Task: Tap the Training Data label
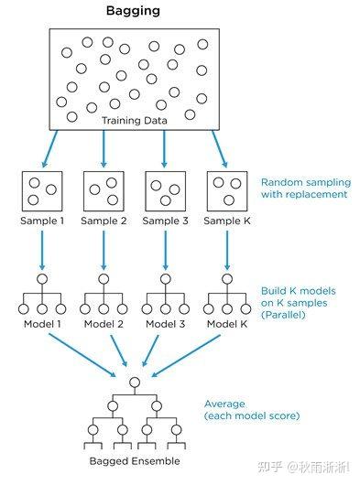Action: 135,120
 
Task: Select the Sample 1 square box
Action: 42,189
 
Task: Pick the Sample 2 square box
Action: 103,189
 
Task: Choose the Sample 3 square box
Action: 165,189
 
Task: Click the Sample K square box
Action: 225,189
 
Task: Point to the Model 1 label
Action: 42,323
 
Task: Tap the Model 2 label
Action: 104,323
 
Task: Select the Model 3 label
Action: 165,323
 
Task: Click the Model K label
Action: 225,323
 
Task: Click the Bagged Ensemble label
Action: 135,460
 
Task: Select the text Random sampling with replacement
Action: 304,188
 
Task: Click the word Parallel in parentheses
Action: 286,315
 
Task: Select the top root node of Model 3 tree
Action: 165,278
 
